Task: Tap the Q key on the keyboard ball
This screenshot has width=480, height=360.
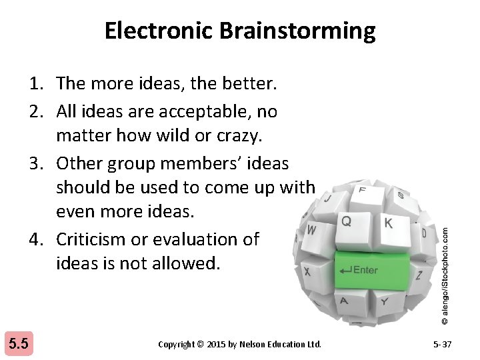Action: tap(347, 220)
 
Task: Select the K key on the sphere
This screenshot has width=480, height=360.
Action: tap(388, 223)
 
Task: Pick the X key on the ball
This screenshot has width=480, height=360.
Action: tap(307, 272)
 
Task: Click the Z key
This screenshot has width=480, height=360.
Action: tap(419, 274)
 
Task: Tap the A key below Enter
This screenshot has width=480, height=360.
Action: tap(344, 301)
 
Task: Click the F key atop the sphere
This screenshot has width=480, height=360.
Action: tap(363, 190)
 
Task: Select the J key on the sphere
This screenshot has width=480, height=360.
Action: tap(327, 198)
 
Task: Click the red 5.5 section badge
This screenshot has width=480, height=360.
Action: tap(18, 344)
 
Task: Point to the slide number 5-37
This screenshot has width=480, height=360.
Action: tap(443, 344)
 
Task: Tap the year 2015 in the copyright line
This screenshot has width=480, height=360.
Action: tap(216, 344)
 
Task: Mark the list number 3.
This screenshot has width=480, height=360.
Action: tap(36, 163)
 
